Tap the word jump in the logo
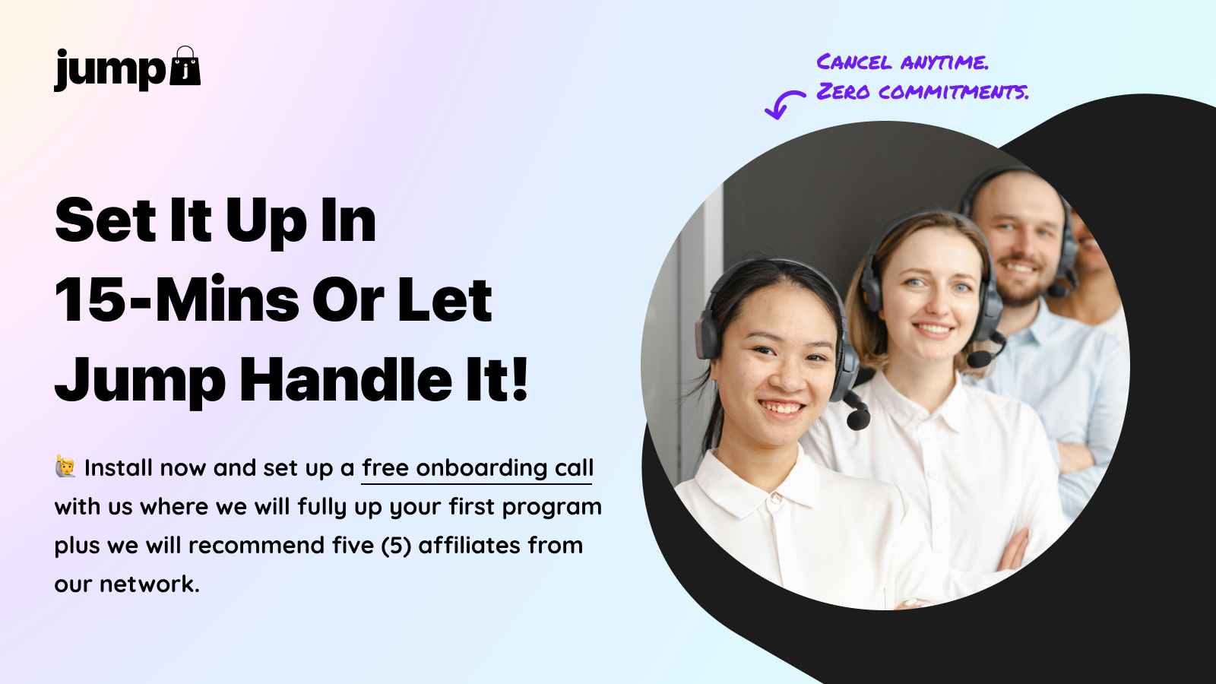tap(109, 70)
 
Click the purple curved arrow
tap(784, 104)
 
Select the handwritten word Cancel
tap(854, 62)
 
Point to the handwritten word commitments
tap(953, 92)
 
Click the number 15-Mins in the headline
tap(177, 300)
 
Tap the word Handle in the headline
tap(345, 379)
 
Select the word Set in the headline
tap(106, 220)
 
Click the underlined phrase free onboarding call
tap(477, 468)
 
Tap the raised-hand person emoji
tap(65, 467)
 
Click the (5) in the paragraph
tap(396, 546)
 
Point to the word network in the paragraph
tap(150, 584)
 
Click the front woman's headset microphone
tap(858, 417)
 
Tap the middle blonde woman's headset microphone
tap(980, 358)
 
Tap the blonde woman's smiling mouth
tap(933, 329)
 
